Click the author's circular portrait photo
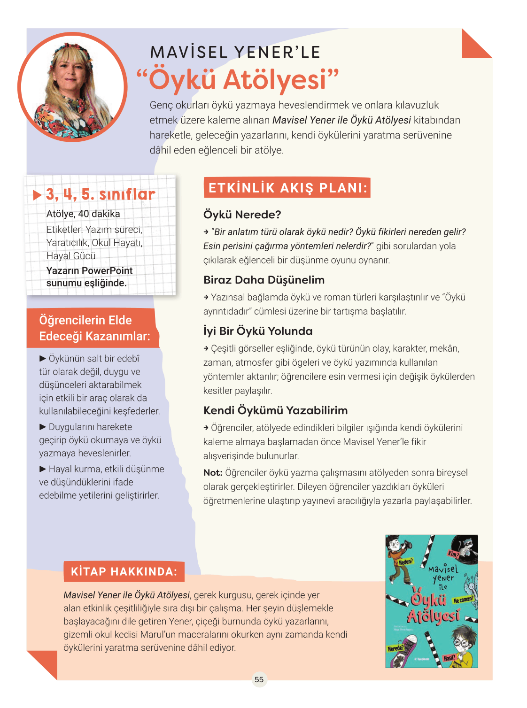(x=72, y=87)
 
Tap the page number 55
(x=259, y=679)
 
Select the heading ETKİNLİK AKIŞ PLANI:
(x=287, y=188)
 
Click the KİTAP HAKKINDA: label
(x=124, y=571)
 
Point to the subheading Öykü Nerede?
(x=242, y=215)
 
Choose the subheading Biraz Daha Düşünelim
(x=264, y=280)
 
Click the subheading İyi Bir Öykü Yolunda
(x=258, y=331)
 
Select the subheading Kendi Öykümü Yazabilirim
(x=275, y=410)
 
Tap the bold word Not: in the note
(x=213, y=473)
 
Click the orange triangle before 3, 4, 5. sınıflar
(x=38, y=195)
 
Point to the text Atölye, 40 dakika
(x=83, y=214)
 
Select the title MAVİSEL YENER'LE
(x=235, y=52)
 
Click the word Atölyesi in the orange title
(x=274, y=80)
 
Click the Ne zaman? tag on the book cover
(x=463, y=600)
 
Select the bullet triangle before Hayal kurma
(x=43, y=469)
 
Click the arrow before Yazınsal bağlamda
(x=206, y=297)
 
